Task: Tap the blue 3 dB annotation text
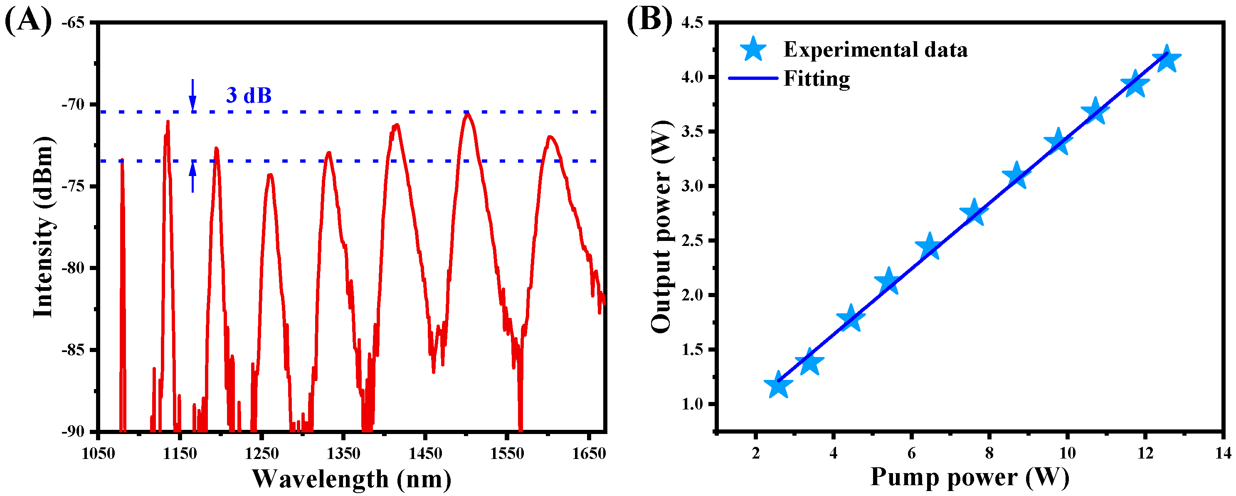coord(249,95)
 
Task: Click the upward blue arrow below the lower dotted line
coord(192,177)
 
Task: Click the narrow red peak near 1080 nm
coord(122,161)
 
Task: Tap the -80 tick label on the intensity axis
coord(75,268)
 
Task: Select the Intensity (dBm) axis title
coord(43,227)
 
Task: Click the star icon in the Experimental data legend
coord(753,50)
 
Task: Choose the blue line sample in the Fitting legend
coord(753,78)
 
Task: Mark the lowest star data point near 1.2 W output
coord(778,385)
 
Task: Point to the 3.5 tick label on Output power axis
coord(693,131)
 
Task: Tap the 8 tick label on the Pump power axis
coord(989,453)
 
